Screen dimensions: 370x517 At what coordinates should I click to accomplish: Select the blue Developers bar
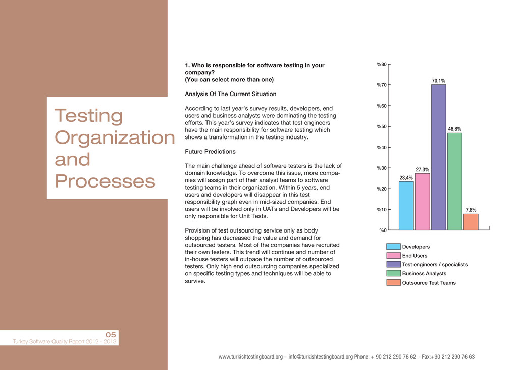point(406,206)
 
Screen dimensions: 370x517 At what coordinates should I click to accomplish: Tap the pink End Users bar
point(423,202)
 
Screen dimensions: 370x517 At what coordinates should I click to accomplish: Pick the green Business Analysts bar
point(454,181)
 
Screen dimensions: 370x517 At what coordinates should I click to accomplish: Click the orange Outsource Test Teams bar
point(471,222)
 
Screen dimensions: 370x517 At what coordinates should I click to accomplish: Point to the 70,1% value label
point(438,80)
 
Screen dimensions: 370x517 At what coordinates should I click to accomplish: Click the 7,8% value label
point(471,209)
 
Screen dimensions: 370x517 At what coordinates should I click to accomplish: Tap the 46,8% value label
point(454,129)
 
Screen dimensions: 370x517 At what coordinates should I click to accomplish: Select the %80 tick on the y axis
point(382,64)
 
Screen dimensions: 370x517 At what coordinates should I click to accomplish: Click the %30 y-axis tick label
point(382,168)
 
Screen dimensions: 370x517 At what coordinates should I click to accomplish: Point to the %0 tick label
point(383,230)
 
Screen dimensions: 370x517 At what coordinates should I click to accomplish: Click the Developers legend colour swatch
point(393,247)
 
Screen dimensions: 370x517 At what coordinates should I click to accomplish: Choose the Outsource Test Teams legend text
point(429,283)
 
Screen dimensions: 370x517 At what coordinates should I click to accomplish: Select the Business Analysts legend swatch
point(393,273)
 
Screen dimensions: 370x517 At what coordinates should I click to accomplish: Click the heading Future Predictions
point(210,152)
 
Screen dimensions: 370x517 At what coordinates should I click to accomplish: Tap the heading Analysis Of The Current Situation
point(231,94)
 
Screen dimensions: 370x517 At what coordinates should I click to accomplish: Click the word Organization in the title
point(114,137)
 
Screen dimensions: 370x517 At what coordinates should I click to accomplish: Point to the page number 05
point(111,335)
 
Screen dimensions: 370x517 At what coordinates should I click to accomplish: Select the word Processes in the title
point(105,181)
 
